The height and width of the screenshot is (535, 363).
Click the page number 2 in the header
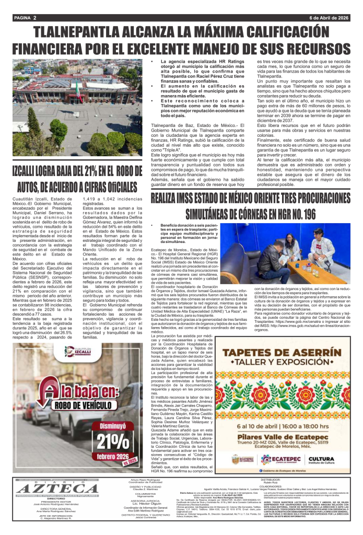[34, 18]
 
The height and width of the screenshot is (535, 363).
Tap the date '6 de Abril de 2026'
[329, 18]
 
